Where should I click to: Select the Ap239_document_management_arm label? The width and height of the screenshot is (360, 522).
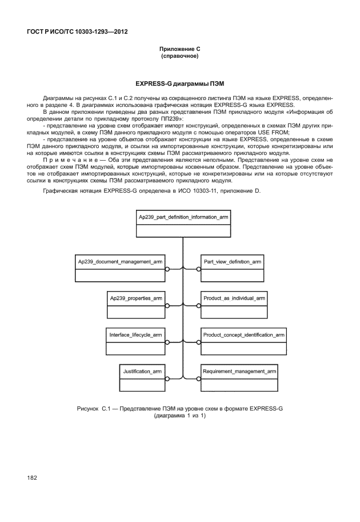(x=120, y=261)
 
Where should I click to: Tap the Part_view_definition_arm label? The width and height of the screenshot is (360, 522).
(x=233, y=261)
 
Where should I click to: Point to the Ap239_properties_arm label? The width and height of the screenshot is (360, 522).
(x=136, y=298)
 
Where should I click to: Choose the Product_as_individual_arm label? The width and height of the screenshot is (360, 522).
(x=234, y=298)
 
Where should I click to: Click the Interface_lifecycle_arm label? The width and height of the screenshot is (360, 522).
(x=135, y=334)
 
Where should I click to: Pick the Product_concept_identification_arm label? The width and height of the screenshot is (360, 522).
(x=244, y=334)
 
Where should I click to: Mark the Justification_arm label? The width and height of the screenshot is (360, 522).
(x=142, y=372)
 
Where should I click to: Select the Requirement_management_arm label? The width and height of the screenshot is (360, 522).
(x=240, y=372)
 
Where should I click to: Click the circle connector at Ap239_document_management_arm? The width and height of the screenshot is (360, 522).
(x=167, y=268)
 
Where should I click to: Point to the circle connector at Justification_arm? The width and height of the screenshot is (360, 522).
(x=167, y=378)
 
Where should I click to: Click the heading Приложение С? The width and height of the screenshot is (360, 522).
(x=180, y=50)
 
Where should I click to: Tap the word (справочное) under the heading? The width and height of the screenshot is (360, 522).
(x=180, y=57)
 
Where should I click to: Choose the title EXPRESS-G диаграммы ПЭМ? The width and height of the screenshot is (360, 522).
(x=180, y=83)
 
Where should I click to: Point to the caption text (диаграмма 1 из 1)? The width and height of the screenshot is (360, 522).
(x=180, y=416)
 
